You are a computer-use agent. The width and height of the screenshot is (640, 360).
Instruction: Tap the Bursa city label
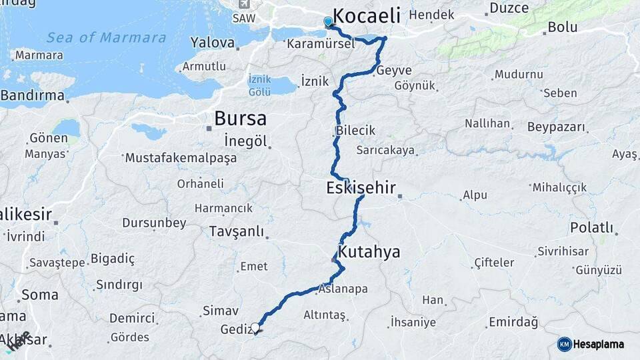[240, 119]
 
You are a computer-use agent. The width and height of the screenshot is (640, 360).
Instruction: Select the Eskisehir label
[361, 188]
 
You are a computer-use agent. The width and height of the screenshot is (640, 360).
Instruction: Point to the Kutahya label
[369, 252]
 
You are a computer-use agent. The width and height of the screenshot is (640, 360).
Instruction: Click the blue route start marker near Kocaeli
[328, 22]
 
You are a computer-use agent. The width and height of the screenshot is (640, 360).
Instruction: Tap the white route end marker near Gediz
[255, 327]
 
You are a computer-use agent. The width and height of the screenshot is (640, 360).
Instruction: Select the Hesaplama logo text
[599, 344]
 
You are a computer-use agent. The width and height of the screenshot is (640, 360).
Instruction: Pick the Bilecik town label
[356, 131]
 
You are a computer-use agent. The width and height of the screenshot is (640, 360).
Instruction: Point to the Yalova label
[213, 43]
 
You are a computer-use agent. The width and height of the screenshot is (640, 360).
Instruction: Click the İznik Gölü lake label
[259, 84]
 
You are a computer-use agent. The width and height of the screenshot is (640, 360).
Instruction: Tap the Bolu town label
[562, 27]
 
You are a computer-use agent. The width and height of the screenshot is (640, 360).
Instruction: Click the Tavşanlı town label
[236, 231]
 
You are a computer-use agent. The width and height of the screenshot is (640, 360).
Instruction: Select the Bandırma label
[33, 95]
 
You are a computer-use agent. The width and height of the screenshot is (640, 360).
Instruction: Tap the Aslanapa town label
[343, 289]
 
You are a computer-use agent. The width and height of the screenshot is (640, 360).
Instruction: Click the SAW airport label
[243, 18]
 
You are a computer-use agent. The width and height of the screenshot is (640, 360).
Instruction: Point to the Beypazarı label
[556, 127]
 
